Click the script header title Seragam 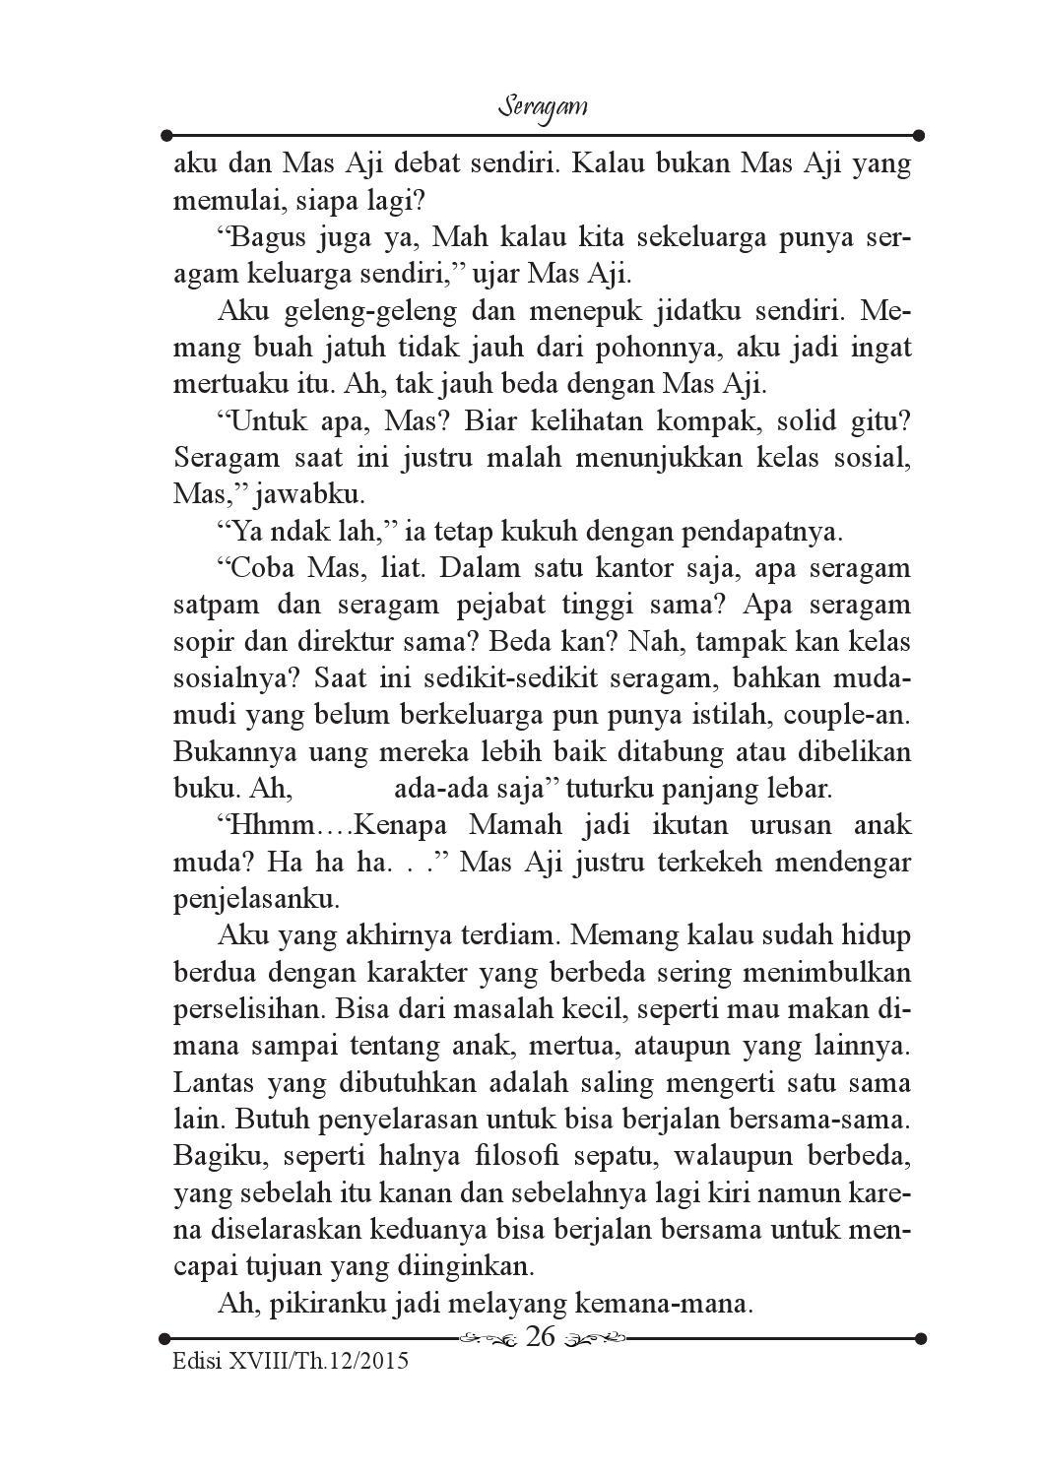tap(543, 106)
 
